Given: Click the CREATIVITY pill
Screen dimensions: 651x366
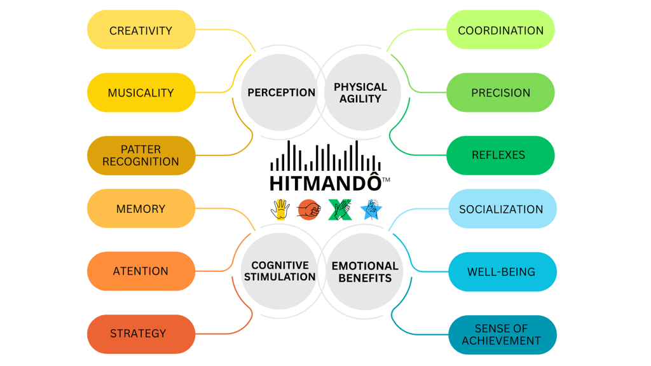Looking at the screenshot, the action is (140, 30).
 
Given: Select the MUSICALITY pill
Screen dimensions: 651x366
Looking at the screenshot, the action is (140, 93).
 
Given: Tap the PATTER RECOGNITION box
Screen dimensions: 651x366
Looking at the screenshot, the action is (140, 155).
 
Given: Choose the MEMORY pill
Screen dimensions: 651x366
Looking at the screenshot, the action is (140, 208).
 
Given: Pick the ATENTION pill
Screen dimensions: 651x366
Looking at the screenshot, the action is (140, 271).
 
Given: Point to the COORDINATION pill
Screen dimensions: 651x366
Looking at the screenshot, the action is (500, 30).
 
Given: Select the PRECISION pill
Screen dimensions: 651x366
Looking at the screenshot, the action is (500, 93).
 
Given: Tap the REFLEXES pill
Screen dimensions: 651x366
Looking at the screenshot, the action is (500, 155).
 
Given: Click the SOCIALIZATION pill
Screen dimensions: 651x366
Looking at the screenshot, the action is (502, 208).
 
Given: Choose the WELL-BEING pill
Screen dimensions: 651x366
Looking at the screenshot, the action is (502, 272).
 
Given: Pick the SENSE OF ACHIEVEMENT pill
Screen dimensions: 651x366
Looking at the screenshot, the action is (502, 335).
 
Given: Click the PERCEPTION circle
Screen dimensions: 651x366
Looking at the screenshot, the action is (281, 93).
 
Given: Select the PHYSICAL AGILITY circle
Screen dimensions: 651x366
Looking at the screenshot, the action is (360, 93).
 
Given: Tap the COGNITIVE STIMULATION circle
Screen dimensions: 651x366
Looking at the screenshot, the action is (280, 271).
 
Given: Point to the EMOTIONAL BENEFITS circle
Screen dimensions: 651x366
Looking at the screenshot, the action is (365, 272).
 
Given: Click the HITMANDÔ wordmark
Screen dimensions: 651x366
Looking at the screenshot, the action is (325, 183).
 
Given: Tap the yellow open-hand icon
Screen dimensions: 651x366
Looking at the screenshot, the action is (280, 209).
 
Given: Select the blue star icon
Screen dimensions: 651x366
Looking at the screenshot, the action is (371, 209).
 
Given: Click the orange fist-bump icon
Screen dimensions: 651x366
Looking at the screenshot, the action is (309, 209).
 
